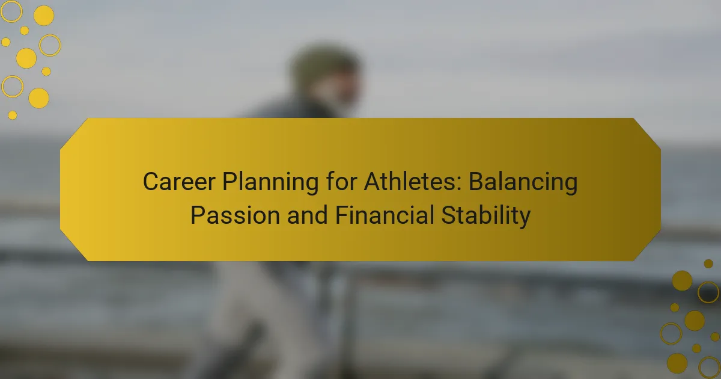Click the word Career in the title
179,182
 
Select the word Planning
270,183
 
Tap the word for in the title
341,181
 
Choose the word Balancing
523,183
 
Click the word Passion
236,215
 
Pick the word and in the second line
308,214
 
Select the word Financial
385,214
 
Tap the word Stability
485,216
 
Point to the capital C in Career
152,182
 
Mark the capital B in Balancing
477,182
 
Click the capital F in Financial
342,215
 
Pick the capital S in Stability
449,215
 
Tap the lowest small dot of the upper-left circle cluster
12,115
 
